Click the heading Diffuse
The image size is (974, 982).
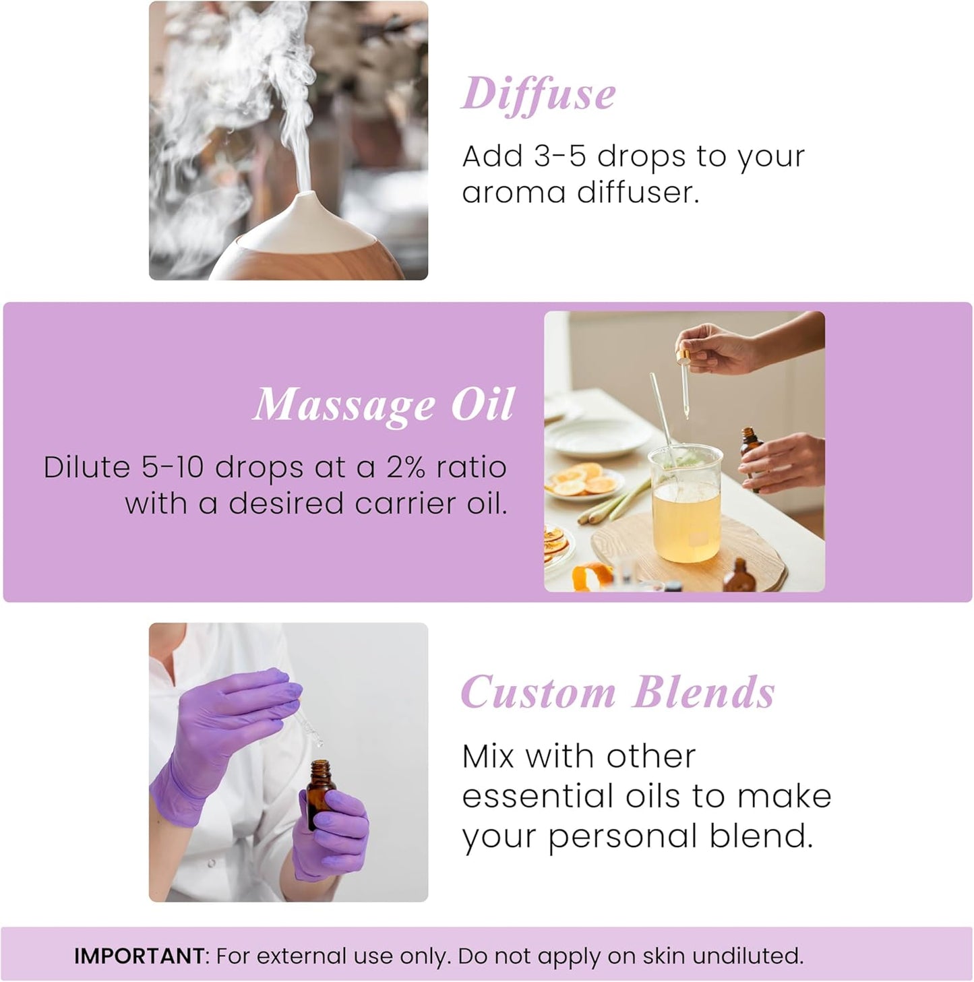tap(538, 95)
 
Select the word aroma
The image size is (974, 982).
tap(513, 193)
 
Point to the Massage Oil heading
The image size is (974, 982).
tap(384, 405)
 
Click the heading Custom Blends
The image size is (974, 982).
tap(617, 693)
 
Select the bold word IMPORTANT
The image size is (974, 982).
tap(139, 956)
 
